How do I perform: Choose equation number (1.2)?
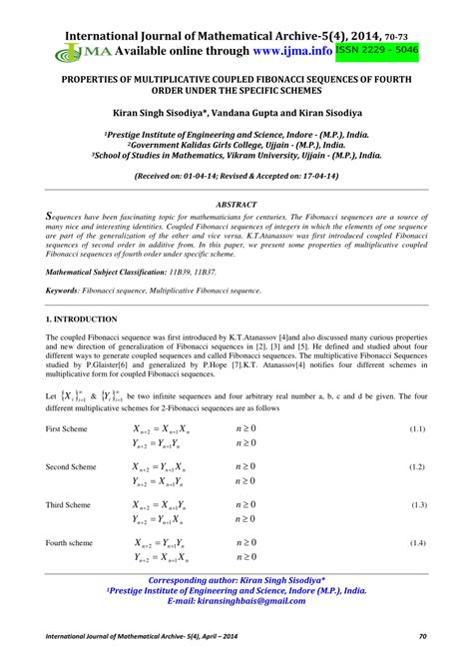(x=418, y=466)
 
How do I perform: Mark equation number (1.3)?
(x=418, y=505)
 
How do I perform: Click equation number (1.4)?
(x=418, y=542)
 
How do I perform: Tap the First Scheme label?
(x=70, y=428)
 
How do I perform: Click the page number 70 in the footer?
(x=423, y=636)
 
